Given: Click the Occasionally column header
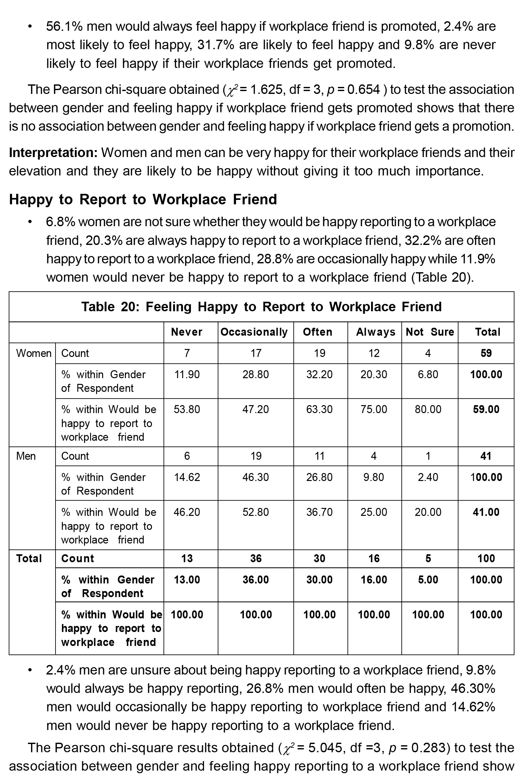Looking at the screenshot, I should click(x=254, y=332).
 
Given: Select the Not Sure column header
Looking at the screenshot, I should click(x=430, y=332).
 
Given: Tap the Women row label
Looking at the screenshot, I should click(x=34, y=353).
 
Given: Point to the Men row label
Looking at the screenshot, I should click(x=26, y=456).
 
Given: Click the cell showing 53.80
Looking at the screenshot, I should click(x=187, y=409).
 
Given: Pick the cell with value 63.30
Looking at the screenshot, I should click(x=319, y=409).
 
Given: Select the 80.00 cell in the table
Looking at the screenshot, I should click(x=428, y=409).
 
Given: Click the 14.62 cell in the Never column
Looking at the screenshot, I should click(x=187, y=477).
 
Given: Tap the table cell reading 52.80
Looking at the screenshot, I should click(x=256, y=512).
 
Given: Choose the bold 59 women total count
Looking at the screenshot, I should click(x=486, y=353).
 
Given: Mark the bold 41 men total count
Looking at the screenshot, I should click(x=486, y=456).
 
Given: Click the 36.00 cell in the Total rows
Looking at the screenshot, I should click(x=256, y=580).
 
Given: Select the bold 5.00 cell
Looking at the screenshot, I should click(x=428, y=580).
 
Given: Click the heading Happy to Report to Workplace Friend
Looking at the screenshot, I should click(x=143, y=200).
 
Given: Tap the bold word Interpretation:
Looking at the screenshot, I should click(x=53, y=153).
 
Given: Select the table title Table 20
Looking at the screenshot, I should click(x=261, y=306).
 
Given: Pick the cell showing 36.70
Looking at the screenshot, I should click(x=319, y=512).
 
